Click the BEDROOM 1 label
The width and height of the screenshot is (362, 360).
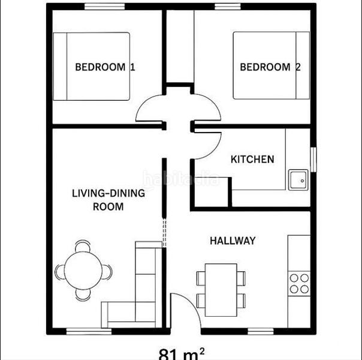pos(104,67)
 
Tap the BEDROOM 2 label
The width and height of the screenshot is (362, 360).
pos(270,67)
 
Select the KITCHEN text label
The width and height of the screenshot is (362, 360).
pos(252,160)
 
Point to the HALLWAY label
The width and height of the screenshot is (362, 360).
pos(233,241)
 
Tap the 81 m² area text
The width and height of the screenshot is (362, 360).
pos(181,353)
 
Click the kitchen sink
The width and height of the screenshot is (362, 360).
pos(298,179)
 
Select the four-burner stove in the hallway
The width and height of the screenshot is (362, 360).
pos(298,283)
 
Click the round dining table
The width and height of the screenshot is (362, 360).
pos(83,272)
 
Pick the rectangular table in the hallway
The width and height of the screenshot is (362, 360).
pos(221,289)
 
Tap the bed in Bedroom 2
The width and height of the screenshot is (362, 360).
pos(271,66)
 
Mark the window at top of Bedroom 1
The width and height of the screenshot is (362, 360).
pos(104,7)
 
